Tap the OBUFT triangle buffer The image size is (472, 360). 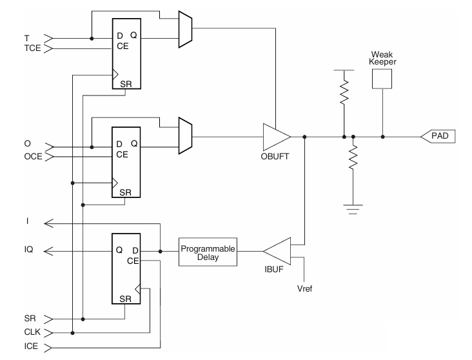(275, 137)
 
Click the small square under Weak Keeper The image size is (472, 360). (383, 79)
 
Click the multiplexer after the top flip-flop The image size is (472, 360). (184, 28)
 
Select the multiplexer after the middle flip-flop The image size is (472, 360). (184, 136)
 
